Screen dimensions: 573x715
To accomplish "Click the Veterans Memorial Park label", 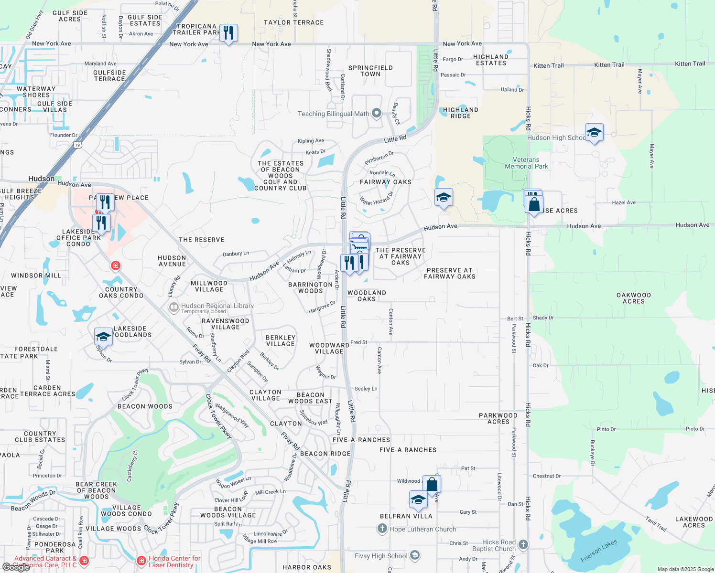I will click(x=526, y=163).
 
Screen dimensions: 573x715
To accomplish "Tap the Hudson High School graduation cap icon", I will click(x=594, y=132).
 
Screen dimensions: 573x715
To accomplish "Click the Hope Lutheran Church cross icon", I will click(x=382, y=529).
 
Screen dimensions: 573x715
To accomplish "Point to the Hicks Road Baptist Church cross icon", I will click(x=523, y=544).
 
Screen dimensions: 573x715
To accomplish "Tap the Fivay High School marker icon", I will click(x=415, y=555).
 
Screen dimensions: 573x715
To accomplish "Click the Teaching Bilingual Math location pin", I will click(x=377, y=113).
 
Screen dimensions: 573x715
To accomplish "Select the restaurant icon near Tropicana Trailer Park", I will click(x=228, y=33).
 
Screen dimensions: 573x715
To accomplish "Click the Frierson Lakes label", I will click(x=599, y=551).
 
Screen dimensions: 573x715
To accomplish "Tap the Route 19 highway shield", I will click(x=77, y=145).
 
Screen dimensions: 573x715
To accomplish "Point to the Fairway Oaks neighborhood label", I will click(x=386, y=182).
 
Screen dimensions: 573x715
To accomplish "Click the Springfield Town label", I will click(x=370, y=71).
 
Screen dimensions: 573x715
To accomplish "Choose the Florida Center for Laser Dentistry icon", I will click(x=141, y=561).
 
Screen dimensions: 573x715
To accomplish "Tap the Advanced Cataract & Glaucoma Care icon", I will click(x=84, y=561).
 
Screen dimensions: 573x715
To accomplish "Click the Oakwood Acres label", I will click(x=634, y=298).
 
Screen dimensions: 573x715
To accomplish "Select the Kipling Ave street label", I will click(x=311, y=141).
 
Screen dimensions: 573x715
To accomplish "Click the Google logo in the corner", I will click(x=16, y=567).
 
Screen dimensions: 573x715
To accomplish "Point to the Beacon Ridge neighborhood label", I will click(x=325, y=454).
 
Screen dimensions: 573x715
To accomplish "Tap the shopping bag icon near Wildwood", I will click(x=432, y=484).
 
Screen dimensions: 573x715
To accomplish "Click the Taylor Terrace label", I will click(x=294, y=22).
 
